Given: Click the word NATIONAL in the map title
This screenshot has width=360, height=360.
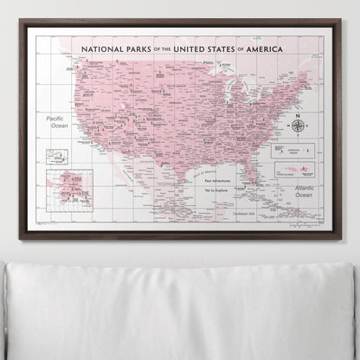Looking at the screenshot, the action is (x=101, y=50).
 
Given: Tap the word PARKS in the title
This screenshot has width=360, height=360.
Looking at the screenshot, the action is (x=138, y=50).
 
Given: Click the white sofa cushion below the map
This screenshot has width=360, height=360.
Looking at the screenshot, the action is (x=180, y=307).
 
